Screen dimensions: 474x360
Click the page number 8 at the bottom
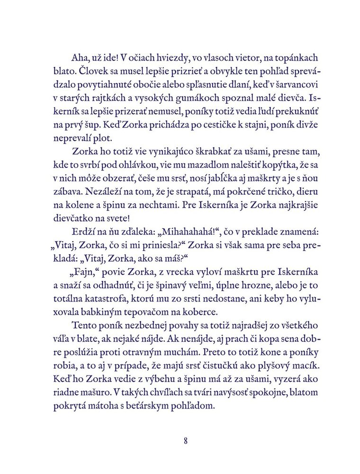pyautogui.click(x=186, y=440)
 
